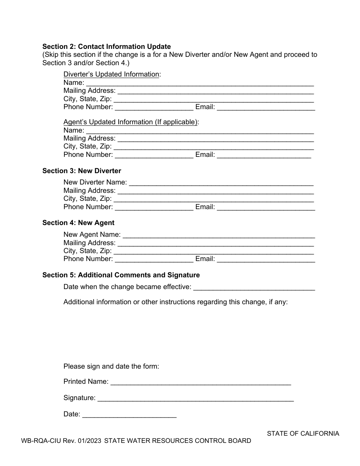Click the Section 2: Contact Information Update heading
(106, 47)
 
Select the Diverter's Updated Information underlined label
(111, 74)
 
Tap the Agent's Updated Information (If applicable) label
(130, 122)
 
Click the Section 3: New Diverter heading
(81, 171)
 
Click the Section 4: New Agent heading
(78, 223)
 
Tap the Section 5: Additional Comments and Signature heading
(121, 275)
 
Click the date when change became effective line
(254, 287)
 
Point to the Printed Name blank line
(200, 382)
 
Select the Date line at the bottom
(129, 414)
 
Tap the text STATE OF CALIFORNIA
(303, 433)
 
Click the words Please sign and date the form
(111, 366)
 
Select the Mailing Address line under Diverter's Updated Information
(215, 91)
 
